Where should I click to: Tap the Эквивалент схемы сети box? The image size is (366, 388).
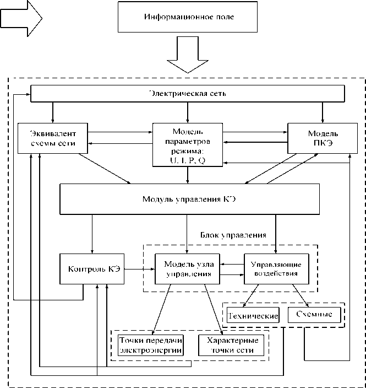coord(53,138)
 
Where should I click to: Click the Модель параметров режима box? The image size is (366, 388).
coord(188,144)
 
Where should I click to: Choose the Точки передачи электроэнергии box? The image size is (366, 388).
coord(150,345)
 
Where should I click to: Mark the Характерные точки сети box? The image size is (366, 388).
coord(231,345)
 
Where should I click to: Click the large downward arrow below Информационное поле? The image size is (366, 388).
coord(188,55)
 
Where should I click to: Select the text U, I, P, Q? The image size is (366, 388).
coord(187,160)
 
